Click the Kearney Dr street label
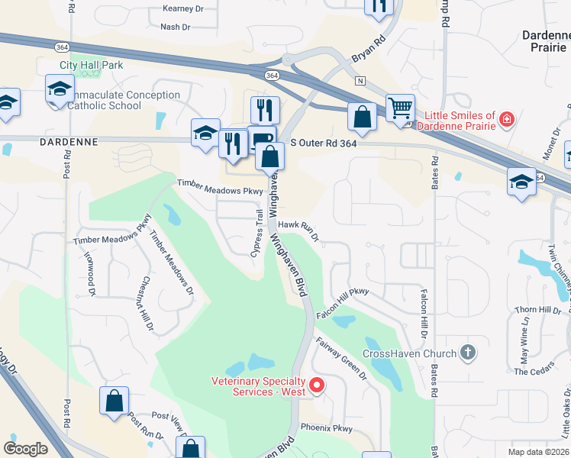pos(184,9)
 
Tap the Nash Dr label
pos(175,27)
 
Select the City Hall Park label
pos(92,66)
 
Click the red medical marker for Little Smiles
pos(505,120)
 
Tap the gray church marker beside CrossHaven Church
pos(468,353)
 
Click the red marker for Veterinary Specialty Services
pos(317,386)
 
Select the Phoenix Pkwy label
pos(327,428)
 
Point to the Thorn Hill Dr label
pos(537,309)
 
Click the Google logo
pos(25,448)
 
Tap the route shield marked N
pos(360,81)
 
